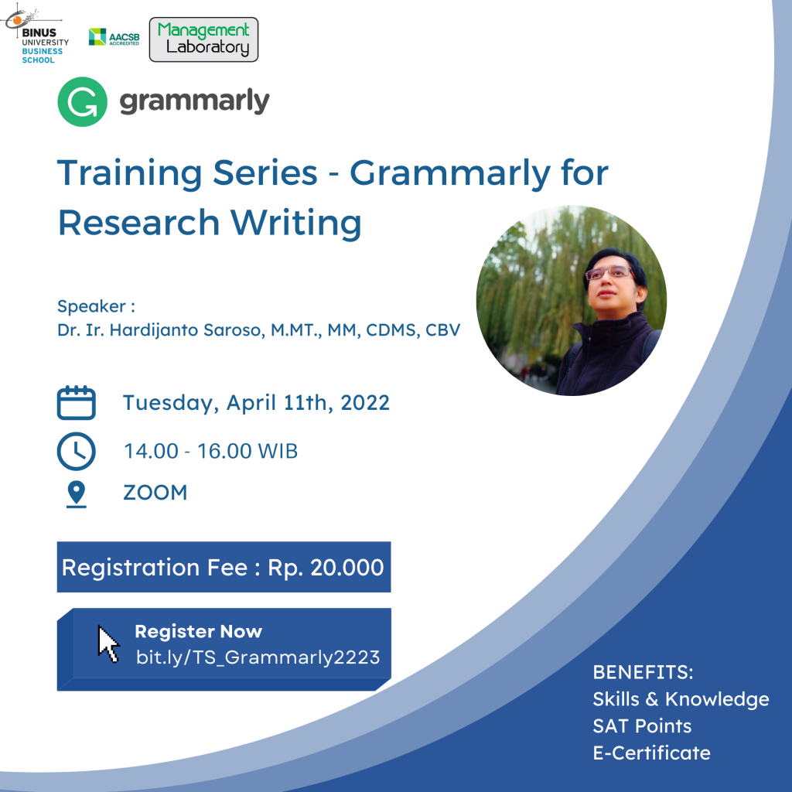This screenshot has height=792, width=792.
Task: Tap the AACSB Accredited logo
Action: [114, 36]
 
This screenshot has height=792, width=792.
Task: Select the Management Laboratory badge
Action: [203, 39]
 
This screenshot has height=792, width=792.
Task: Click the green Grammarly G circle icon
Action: [83, 101]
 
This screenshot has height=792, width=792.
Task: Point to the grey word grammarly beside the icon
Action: [194, 101]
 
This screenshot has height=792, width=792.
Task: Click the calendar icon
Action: [76, 403]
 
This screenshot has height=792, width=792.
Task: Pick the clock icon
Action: [76, 451]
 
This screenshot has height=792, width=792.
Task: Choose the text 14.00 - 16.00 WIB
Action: [210, 452]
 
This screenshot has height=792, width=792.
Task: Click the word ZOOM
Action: [155, 493]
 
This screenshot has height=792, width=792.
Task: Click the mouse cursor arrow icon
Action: [108, 643]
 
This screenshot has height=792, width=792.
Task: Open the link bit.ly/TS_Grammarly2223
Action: [258, 657]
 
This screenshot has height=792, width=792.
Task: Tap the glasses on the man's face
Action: [608, 272]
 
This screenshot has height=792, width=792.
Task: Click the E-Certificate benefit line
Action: [651, 752]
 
